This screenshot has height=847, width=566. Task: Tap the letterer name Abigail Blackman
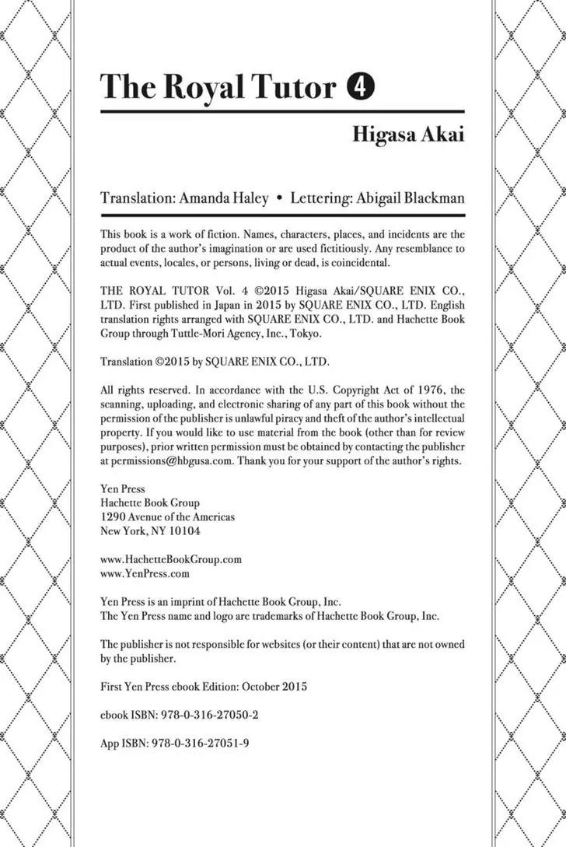[x=410, y=198]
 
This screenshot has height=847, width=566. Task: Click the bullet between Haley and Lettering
[x=279, y=198]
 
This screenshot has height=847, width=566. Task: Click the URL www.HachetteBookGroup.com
[x=172, y=558]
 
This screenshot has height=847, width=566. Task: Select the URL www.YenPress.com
[x=145, y=573]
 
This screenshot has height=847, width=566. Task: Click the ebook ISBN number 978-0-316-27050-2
[x=211, y=714]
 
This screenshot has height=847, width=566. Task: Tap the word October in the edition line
[x=263, y=686]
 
